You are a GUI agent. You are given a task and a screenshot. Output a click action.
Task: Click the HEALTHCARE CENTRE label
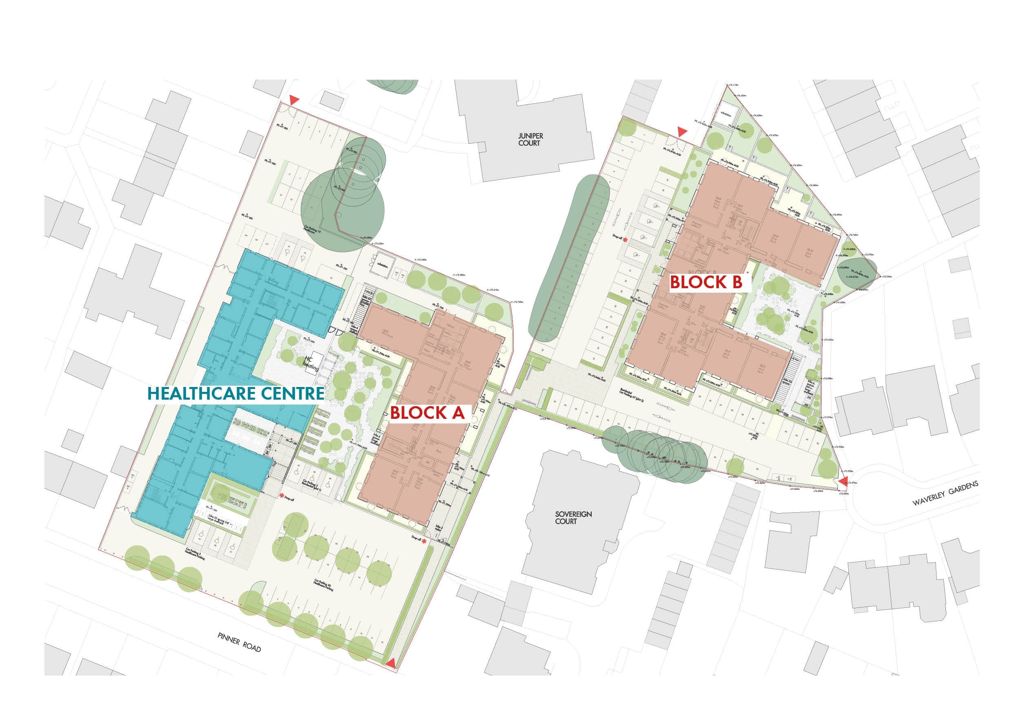(235, 393)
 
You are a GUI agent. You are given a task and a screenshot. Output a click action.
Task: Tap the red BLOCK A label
(427, 413)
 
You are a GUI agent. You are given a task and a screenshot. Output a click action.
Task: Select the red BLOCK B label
(706, 282)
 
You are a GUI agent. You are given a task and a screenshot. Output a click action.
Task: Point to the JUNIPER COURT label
(529, 140)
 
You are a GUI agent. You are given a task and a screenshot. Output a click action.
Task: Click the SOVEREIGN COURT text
(567, 518)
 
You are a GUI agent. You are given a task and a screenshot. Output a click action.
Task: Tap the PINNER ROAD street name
(240, 643)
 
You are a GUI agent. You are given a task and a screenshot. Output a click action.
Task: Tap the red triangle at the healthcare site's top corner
(294, 101)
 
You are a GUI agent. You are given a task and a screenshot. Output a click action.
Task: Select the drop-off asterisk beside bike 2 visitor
(424, 541)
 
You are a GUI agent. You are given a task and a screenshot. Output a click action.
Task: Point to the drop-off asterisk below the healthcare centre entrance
(281, 496)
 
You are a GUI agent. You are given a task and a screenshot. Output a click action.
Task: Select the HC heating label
(309, 362)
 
